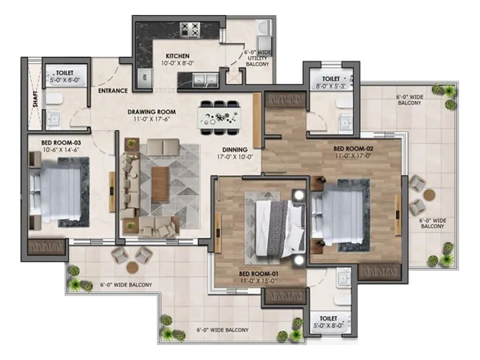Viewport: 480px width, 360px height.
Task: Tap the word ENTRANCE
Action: [113, 91]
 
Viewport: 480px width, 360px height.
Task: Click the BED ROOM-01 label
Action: [261, 274]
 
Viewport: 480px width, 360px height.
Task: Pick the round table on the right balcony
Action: [430, 194]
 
